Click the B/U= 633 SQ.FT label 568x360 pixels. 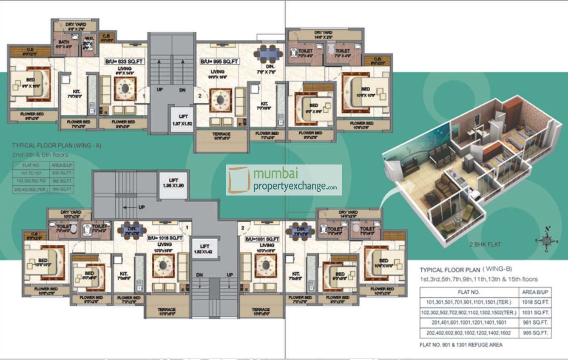[125, 62]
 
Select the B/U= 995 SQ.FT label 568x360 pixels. [219, 62]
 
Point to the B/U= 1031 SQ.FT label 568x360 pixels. [262, 239]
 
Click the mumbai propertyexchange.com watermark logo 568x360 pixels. [284, 180]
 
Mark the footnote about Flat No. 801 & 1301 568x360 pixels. [461, 345]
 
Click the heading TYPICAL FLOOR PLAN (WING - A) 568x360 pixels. [57, 145]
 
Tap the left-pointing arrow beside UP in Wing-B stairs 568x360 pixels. [128, 207]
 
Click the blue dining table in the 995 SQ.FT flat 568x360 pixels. [269, 54]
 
